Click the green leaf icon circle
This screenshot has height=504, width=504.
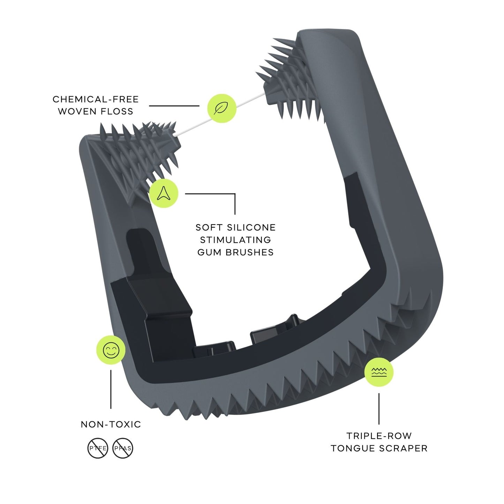(x=222, y=108)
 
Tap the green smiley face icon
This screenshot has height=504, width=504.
(x=111, y=350)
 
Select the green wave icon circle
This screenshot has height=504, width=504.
(x=379, y=372)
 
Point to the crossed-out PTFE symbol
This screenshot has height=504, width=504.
(x=98, y=448)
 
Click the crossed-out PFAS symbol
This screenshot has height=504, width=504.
(x=123, y=448)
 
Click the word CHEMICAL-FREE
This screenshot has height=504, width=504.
(x=96, y=99)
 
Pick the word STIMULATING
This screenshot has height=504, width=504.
(x=235, y=240)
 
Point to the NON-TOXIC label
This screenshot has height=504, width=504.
(x=111, y=424)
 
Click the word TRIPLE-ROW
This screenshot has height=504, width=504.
(x=379, y=436)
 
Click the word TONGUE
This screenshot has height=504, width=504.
(x=353, y=448)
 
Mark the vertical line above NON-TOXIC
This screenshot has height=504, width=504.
(x=111, y=389)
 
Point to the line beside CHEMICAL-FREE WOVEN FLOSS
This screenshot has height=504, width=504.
(x=174, y=106)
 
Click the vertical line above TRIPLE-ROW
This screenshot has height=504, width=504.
(x=379, y=408)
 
